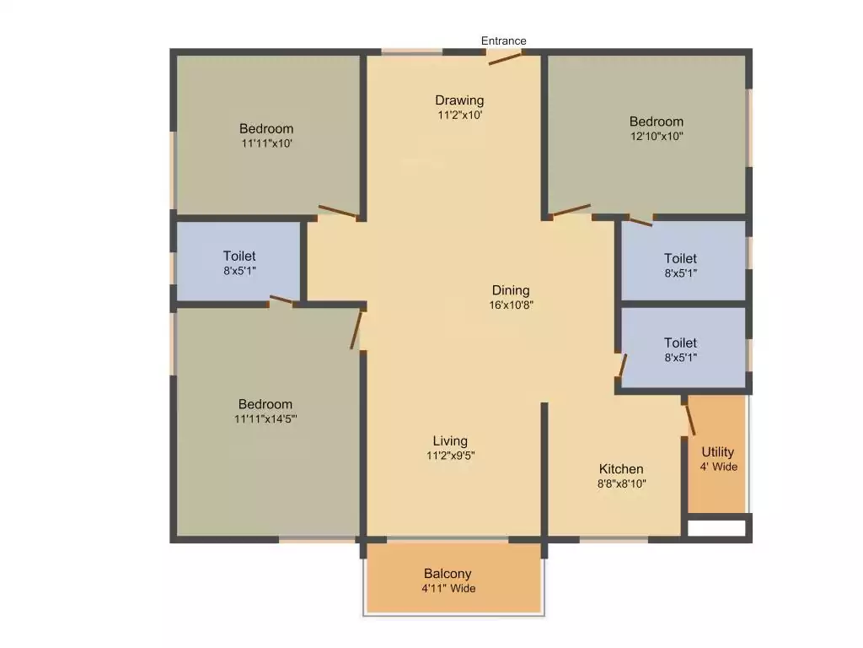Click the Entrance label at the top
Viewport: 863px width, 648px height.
pyautogui.click(x=503, y=40)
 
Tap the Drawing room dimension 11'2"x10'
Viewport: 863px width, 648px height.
pyautogui.click(x=459, y=116)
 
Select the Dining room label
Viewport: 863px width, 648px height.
pyautogui.click(x=511, y=291)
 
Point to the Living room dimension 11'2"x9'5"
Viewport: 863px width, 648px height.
pyautogui.click(x=450, y=456)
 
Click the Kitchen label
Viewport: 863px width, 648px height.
pyautogui.click(x=621, y=469)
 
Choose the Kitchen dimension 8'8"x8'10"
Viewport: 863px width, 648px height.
pyautogui.click(x=621, y=484)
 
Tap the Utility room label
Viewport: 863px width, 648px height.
pyautogui.click(x=718, y=452)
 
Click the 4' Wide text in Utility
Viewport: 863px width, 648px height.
pyautogui.click(x=718, y=467)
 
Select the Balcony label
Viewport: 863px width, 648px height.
pyautogui.click(x=448, y=574)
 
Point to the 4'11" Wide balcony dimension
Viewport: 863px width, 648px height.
pyautogui.click(x=448, y=589)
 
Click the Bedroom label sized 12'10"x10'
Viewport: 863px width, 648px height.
pyautogui.click(x=657, y=121)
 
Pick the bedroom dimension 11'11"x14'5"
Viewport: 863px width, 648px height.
pyautogui.click(x=265, y=418)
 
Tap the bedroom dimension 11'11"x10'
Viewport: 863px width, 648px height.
pyautogui.click(x=266, y=143)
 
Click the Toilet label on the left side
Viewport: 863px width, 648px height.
pyautogui.click(x=239, y=256)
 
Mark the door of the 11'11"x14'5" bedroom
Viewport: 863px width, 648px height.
pyautogui.click(x=357, y=330)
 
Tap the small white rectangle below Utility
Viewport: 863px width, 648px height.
pyautogui.click(x=716, y=528)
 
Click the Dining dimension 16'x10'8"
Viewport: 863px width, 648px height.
pyautogui.click(x=511, y=305)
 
